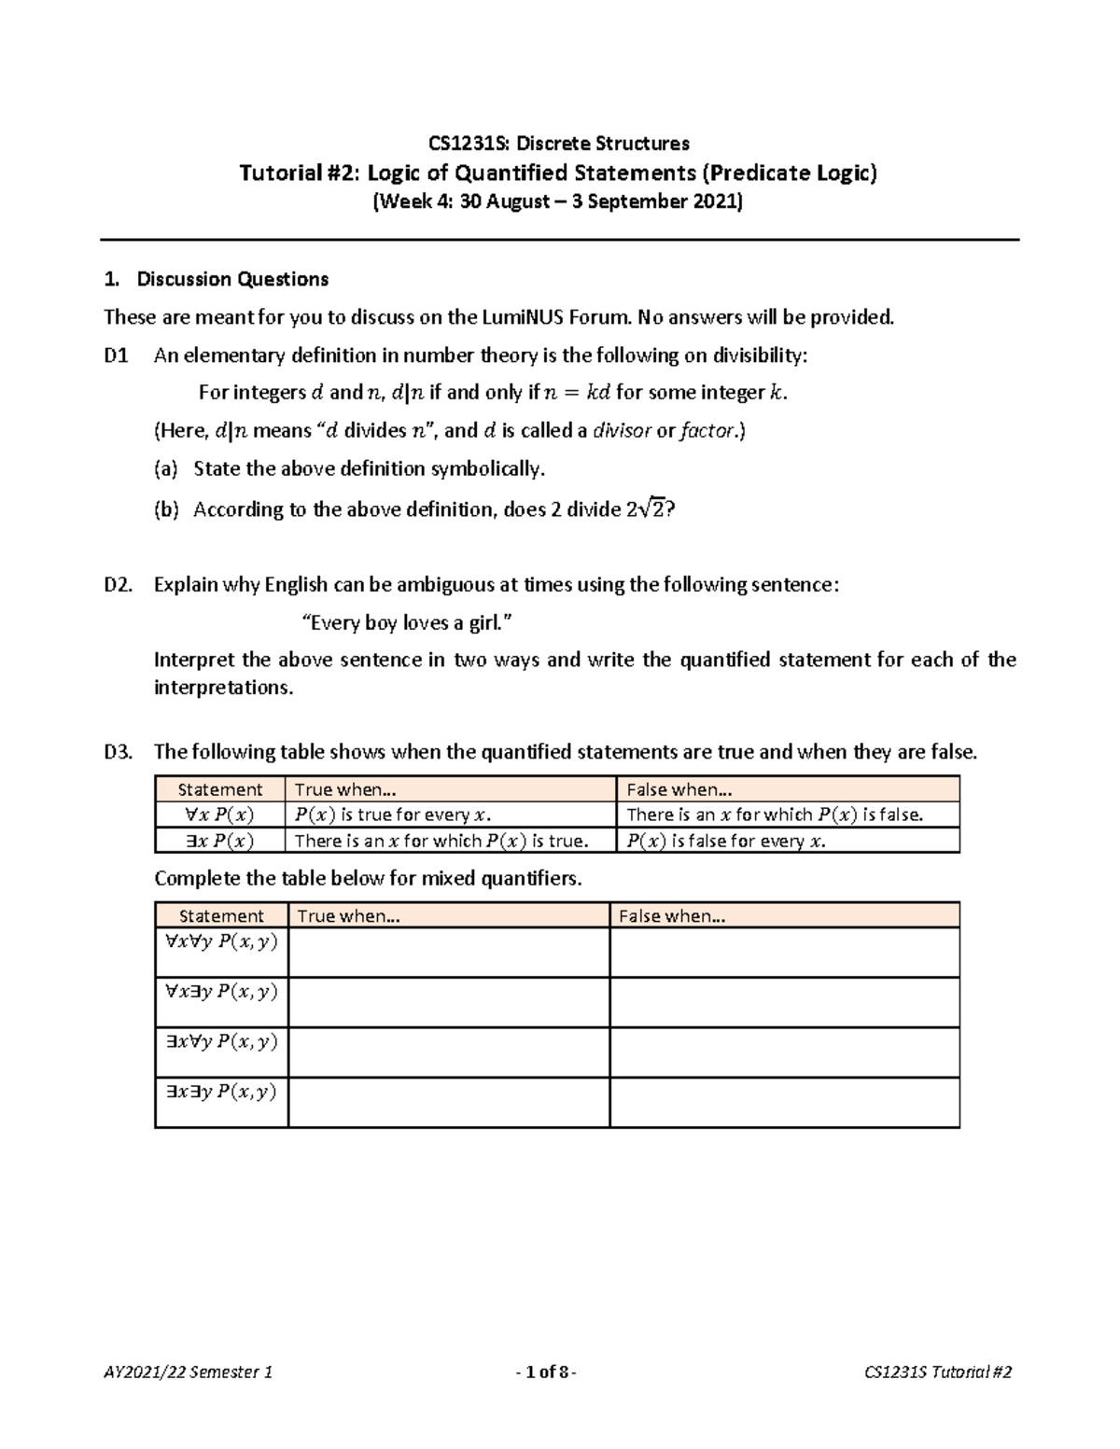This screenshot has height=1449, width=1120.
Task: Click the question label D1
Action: (x=117, y=355)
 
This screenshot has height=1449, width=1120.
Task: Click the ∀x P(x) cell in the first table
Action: (x=220, y=815)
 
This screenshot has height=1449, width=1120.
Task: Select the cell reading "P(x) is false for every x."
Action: (x=726, y=841)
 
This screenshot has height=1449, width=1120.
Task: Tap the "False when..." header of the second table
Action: (x=672, y=916)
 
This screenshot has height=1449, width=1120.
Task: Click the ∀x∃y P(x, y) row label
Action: (x=221, y=991)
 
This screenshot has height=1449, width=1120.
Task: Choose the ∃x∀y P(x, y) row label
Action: (x=221, y=1041)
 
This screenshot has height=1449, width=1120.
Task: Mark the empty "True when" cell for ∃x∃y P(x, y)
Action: (x=448, y=1102)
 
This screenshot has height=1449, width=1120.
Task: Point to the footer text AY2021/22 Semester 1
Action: (x=189, y=1372)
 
